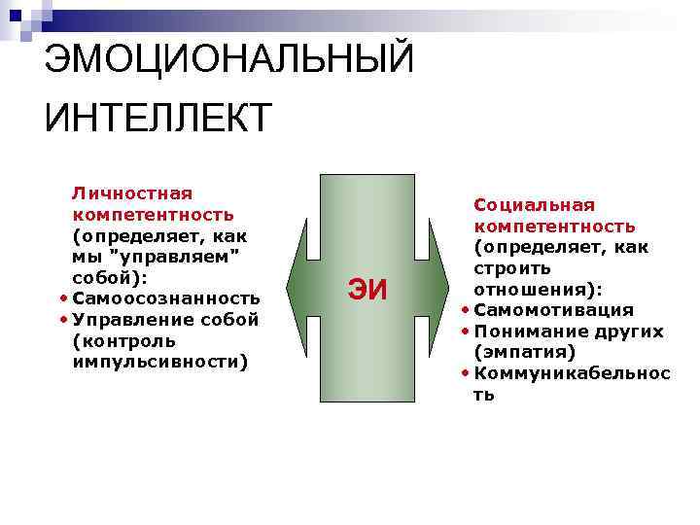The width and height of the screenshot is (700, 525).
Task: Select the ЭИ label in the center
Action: (367, 290)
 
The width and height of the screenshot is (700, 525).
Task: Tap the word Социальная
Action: (534, 204)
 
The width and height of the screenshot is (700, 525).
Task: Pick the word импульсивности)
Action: (160, 363)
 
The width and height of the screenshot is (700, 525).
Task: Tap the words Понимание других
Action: (569, 332)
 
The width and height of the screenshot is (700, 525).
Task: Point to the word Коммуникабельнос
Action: (572, 373)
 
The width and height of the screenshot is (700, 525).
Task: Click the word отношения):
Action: (538, 289)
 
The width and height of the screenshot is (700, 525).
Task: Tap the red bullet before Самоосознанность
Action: (63, 298)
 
